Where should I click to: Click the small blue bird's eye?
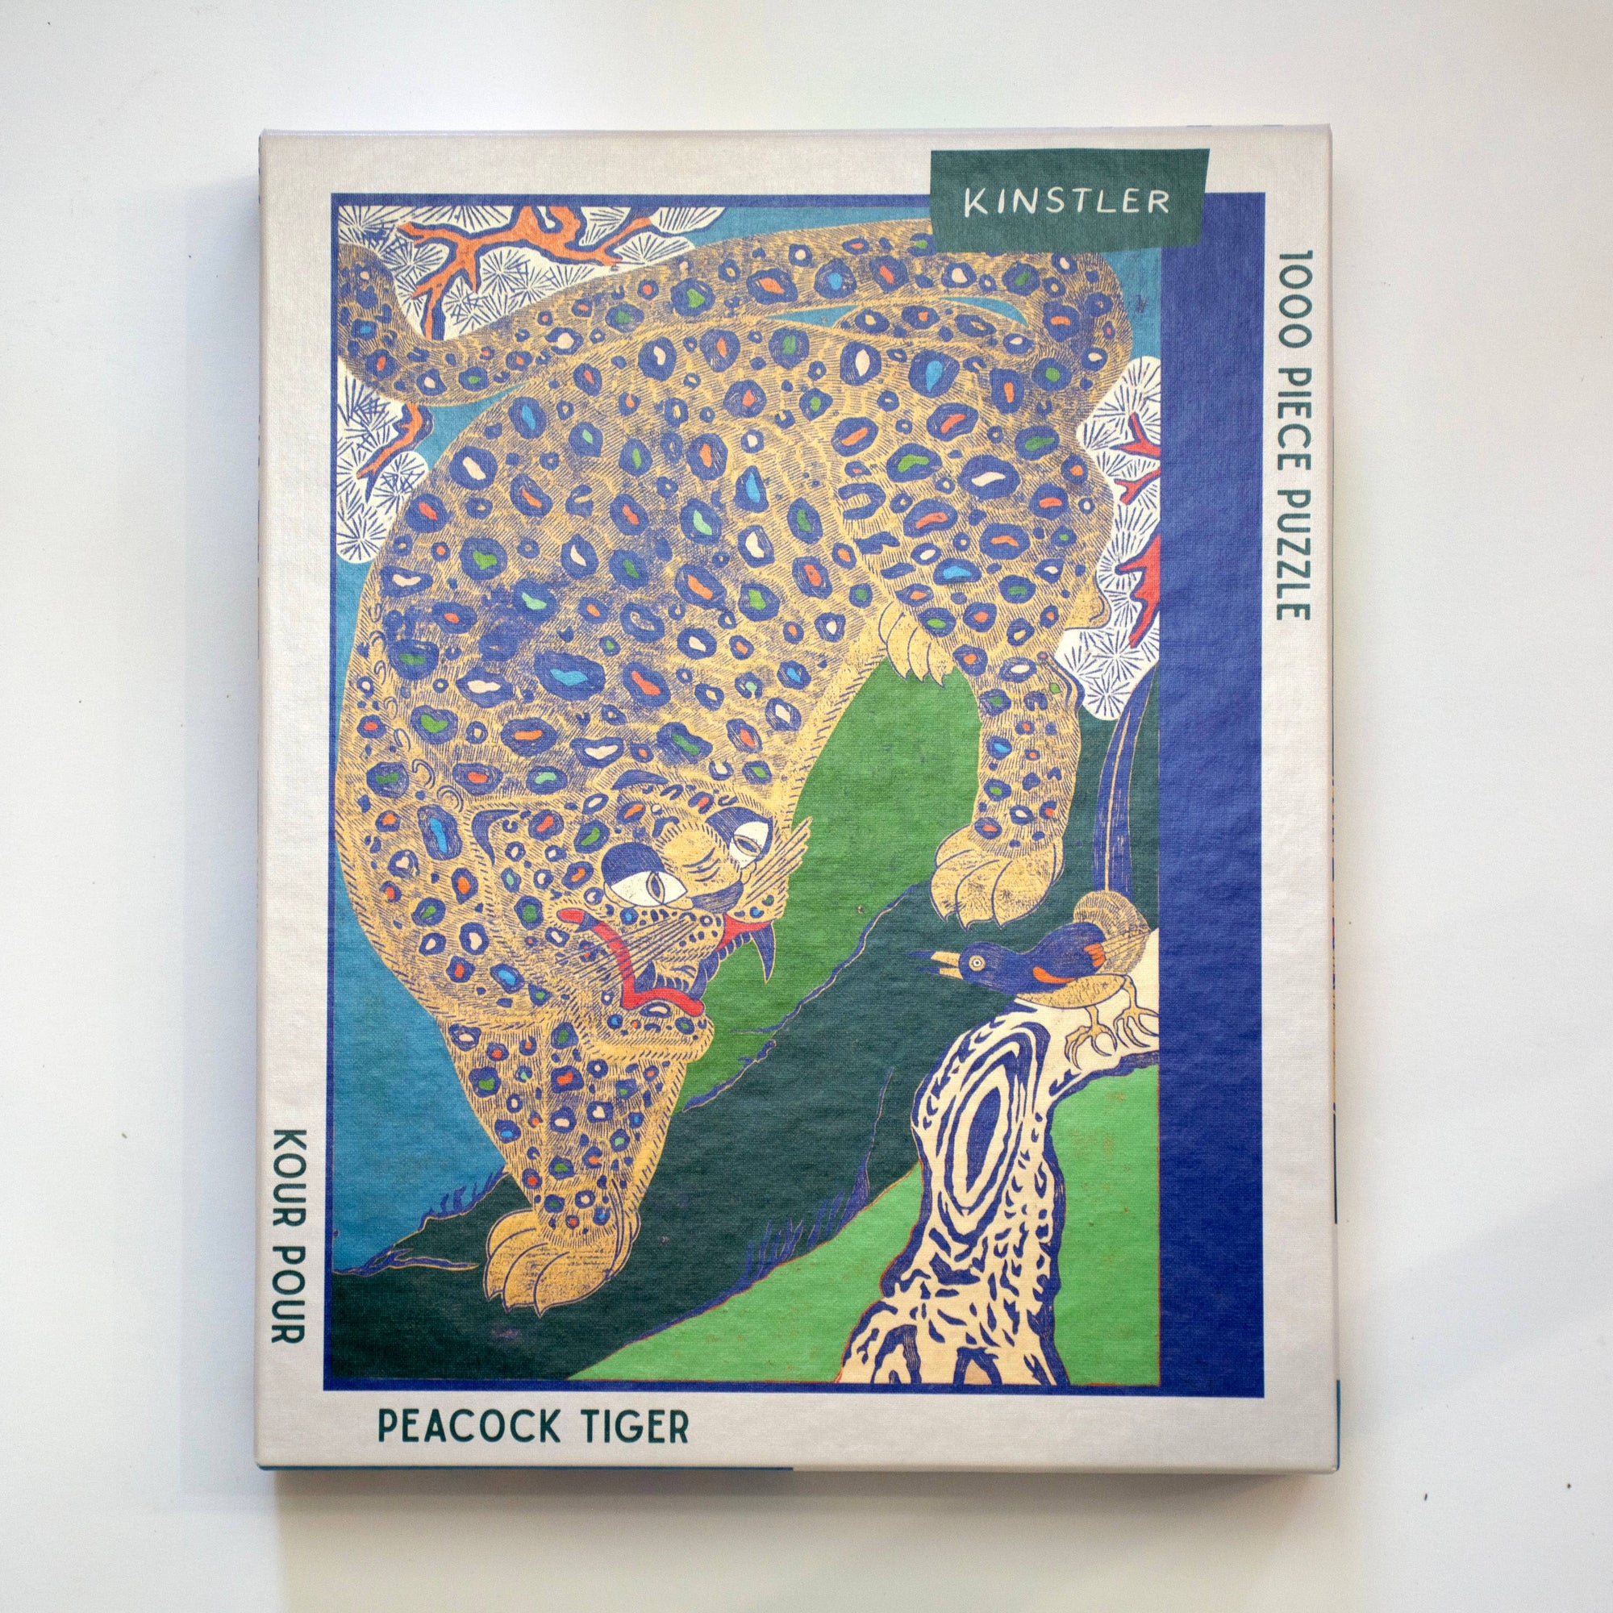pos(973,966)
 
